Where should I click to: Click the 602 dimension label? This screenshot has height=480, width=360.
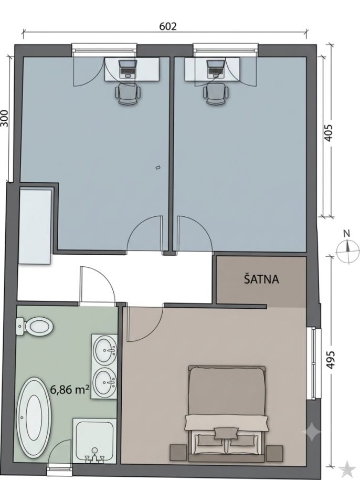click(x=168, y=27)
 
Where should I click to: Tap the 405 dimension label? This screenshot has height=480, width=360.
click(x=328, y=132)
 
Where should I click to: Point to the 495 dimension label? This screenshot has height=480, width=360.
click(x=331, y=360)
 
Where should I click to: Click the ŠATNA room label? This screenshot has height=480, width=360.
click(x=261, y=279)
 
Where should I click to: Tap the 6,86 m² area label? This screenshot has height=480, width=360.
click(x=70, y=390)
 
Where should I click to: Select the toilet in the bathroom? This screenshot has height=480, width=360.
click(x=34, y=326)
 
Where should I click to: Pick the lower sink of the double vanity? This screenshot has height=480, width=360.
click(x=105, y=381)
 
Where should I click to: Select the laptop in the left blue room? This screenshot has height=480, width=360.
click(x=128, y=69)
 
